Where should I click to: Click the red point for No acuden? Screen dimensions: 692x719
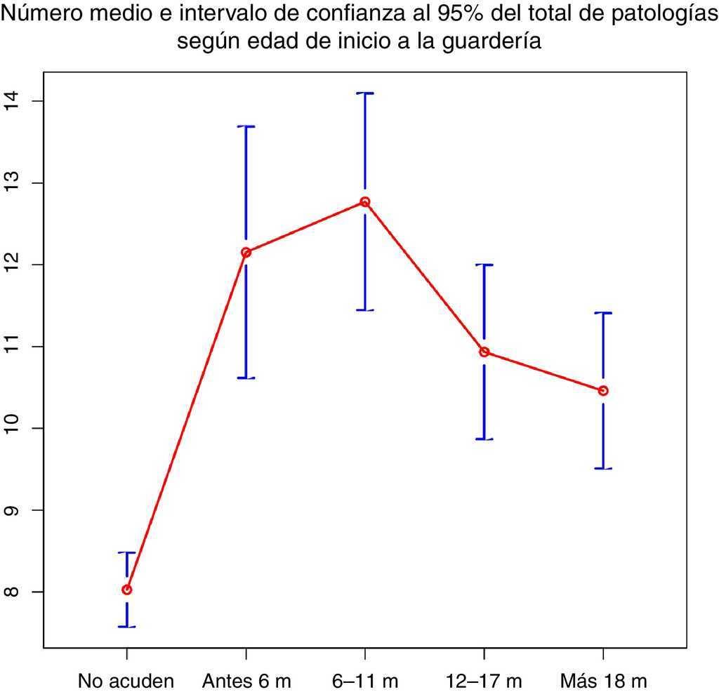pyautogui.click(x=127, y=590)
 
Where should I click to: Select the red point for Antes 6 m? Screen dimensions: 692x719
pyautogui.click(x=246, y=252)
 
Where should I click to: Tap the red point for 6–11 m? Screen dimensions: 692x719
pyautogui.click(x=365, y=202)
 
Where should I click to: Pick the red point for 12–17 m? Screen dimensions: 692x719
pyautogui.click(x=484, y=352)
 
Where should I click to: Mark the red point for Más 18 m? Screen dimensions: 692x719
pyautogui.click(x=603, y=390)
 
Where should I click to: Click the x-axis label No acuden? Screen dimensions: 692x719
pyautogui.click(x=126, y=681)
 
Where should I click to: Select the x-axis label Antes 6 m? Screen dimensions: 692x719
pyautogui.click(x=246, y=681)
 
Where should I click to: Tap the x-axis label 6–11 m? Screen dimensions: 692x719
pyautogui.click(x=365, y=681)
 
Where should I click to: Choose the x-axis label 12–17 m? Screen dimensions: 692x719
pyautogui.click(x=484, y=681)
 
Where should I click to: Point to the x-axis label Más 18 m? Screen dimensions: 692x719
pyautogui.click(x=603, y=681)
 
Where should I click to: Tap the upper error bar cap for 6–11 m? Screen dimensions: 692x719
pyautogui.click(x=365, y=93)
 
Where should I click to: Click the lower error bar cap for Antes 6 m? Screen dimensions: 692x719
pyautogui.click(x=246, y=378)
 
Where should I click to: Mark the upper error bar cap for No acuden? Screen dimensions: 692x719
pyautogui.click(x=127, y=553)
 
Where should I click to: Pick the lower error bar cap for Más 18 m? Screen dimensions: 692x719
pyautogui.click(x=603, y=468)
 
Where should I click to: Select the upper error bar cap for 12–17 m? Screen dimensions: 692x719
pyautogui.click(x=484, y=265)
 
